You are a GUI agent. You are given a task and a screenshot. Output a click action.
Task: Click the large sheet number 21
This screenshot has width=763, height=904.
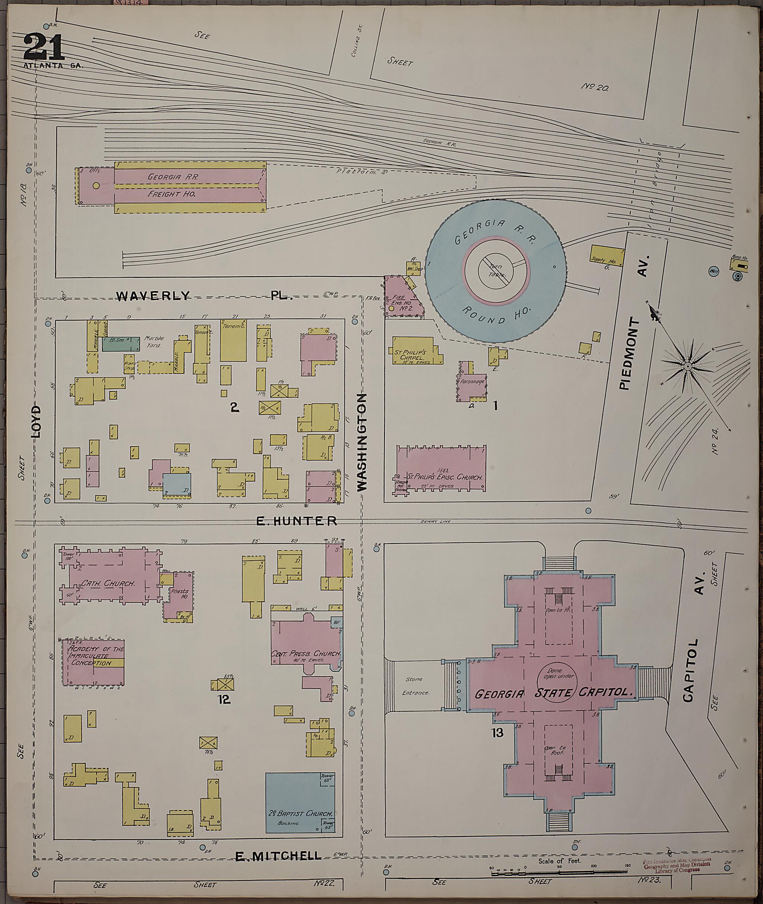[x=43, y=47]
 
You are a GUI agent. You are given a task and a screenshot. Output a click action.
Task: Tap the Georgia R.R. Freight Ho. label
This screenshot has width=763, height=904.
[x=172, y=186]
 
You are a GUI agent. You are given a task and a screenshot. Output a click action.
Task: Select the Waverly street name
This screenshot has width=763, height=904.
[x=153, y=296]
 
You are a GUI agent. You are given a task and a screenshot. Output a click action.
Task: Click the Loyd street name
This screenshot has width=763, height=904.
[x=37, y=422]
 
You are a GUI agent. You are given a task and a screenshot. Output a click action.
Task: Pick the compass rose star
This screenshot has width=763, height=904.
[x=687, y=366]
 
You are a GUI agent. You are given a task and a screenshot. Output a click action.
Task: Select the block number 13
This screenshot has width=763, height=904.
[x=497, y=732]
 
